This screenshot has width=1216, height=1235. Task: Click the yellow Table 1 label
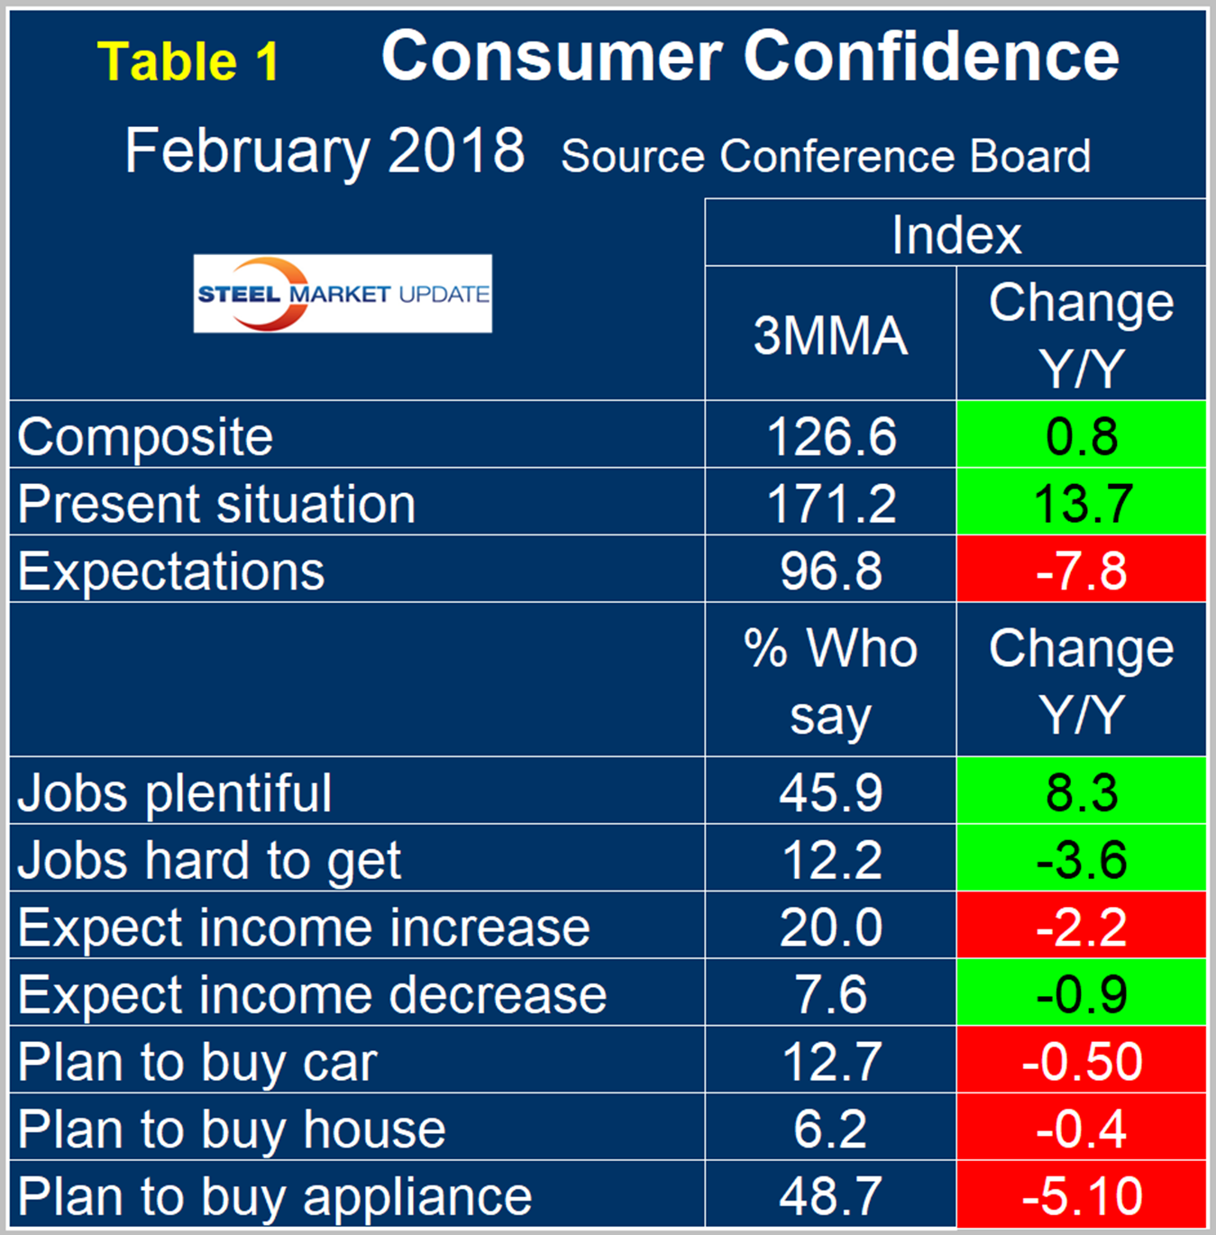pos(188,62)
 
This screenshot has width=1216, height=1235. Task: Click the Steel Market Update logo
pos(343,294)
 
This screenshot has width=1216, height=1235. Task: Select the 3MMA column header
pos(830,334)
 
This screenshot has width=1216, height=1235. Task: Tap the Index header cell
pos(955,234)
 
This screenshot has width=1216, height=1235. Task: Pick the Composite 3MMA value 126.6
pos(830,436)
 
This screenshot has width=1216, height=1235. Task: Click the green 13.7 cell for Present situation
pos(1082,503)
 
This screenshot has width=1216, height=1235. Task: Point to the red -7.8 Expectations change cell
pos(1082,571)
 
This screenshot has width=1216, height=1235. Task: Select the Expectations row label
pos(171,571)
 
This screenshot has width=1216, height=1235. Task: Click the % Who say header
pos(830,681)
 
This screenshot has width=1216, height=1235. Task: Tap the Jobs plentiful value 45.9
pos(830,792)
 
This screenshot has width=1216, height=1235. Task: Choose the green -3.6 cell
pos(1082,859)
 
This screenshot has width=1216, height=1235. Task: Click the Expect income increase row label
pos(304,927)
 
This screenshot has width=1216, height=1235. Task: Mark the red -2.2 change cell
pos(1082,927)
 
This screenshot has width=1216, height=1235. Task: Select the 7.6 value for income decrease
pos(830,994)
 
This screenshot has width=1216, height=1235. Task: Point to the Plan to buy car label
pos(197,1062)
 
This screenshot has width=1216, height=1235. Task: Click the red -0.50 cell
pos(1082,1062)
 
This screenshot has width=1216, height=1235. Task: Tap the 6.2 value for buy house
pos(830,1129)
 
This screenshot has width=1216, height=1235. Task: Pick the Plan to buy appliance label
pos(275,1196)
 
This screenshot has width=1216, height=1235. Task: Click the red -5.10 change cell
pos(1082,1196)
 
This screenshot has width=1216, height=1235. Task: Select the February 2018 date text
pos(325,151)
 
